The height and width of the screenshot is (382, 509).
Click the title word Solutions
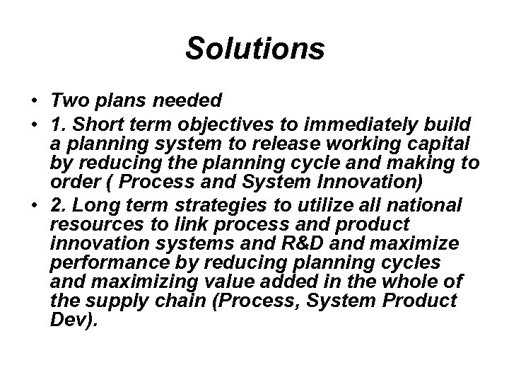click(255, 49)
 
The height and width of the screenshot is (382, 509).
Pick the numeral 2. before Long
click(59, 205)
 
